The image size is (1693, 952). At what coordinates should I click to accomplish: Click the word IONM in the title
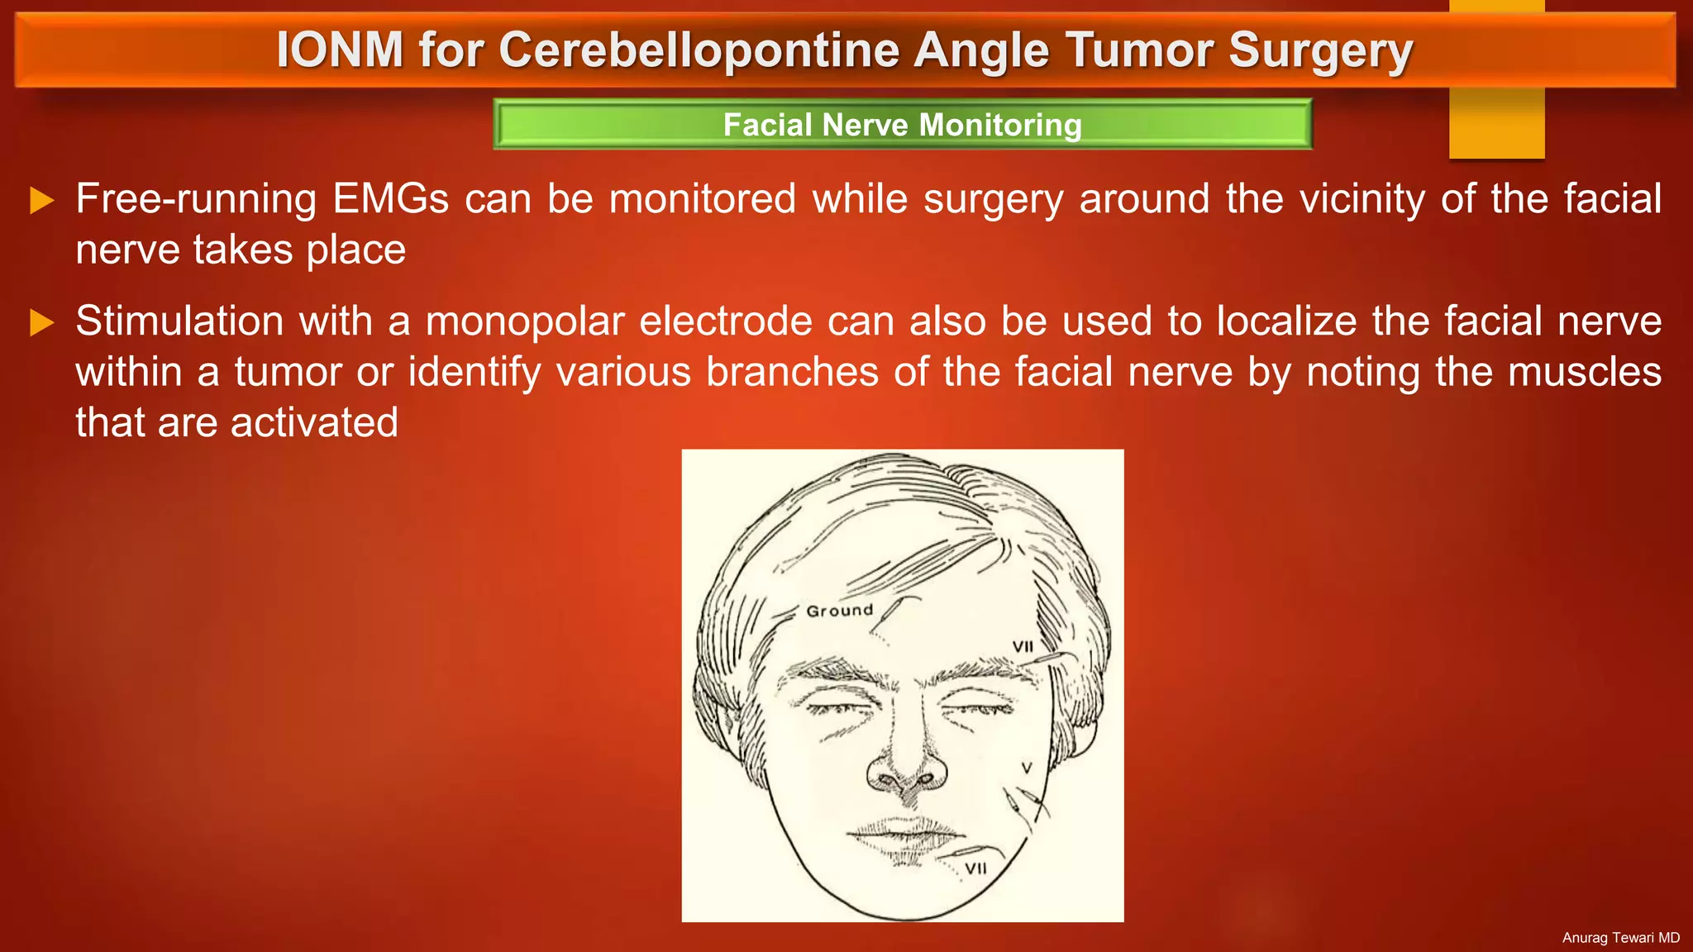[340, 50]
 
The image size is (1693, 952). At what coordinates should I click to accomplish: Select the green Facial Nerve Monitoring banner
[902, 125]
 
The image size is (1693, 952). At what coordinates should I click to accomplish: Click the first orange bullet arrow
[41, 200]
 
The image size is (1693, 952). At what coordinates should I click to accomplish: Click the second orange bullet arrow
[41, 322]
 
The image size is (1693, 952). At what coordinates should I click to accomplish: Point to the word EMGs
[390, 199]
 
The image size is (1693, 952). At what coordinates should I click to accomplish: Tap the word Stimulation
[179, 321]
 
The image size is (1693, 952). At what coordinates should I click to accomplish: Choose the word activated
[314, 422]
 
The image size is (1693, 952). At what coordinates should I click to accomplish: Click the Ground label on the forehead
[840, 611]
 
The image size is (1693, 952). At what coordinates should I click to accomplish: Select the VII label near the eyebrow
[1023, 646]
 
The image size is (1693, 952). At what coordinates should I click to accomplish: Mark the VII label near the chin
[976, 869]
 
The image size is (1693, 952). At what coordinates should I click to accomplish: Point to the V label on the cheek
[1027, 768]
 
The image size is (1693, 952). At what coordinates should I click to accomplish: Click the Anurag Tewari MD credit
[1620, 938]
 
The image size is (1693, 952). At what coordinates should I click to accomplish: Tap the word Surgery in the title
[1320, 50]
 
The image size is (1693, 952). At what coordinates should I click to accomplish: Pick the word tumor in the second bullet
[288, 372]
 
